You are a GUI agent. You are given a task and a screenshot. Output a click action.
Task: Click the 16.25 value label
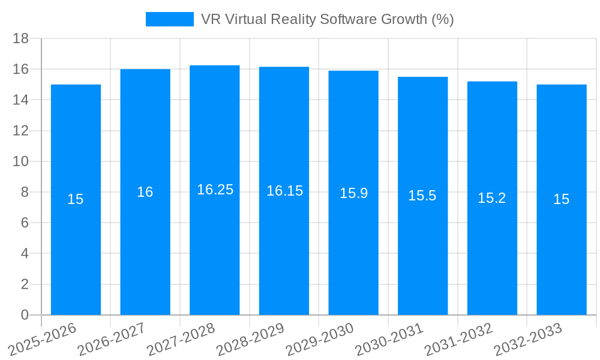(x=215, y=190)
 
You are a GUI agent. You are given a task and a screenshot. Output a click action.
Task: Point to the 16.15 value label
(x=284, y=191)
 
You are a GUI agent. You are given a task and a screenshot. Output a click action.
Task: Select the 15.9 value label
(x=353, y=193)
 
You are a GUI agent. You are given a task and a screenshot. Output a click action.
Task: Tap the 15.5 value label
(x=422, y=196)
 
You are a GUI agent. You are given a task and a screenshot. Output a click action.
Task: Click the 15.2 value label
(x=492, y=199)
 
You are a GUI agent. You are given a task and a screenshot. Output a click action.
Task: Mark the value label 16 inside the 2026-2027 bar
(x=145, y=192)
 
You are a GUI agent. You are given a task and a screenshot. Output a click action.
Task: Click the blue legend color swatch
(x=170, y=19)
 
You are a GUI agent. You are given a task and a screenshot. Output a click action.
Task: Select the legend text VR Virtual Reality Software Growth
(x=328, y=19)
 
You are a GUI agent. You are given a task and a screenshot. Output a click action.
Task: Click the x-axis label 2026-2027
(x=112, y=340)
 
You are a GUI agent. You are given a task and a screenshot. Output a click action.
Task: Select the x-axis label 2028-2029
(x=250, y=340)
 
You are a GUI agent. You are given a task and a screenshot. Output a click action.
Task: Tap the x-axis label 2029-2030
(x=320, y=340)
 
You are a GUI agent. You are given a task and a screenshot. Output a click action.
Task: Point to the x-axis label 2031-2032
(x=458, y=340)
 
